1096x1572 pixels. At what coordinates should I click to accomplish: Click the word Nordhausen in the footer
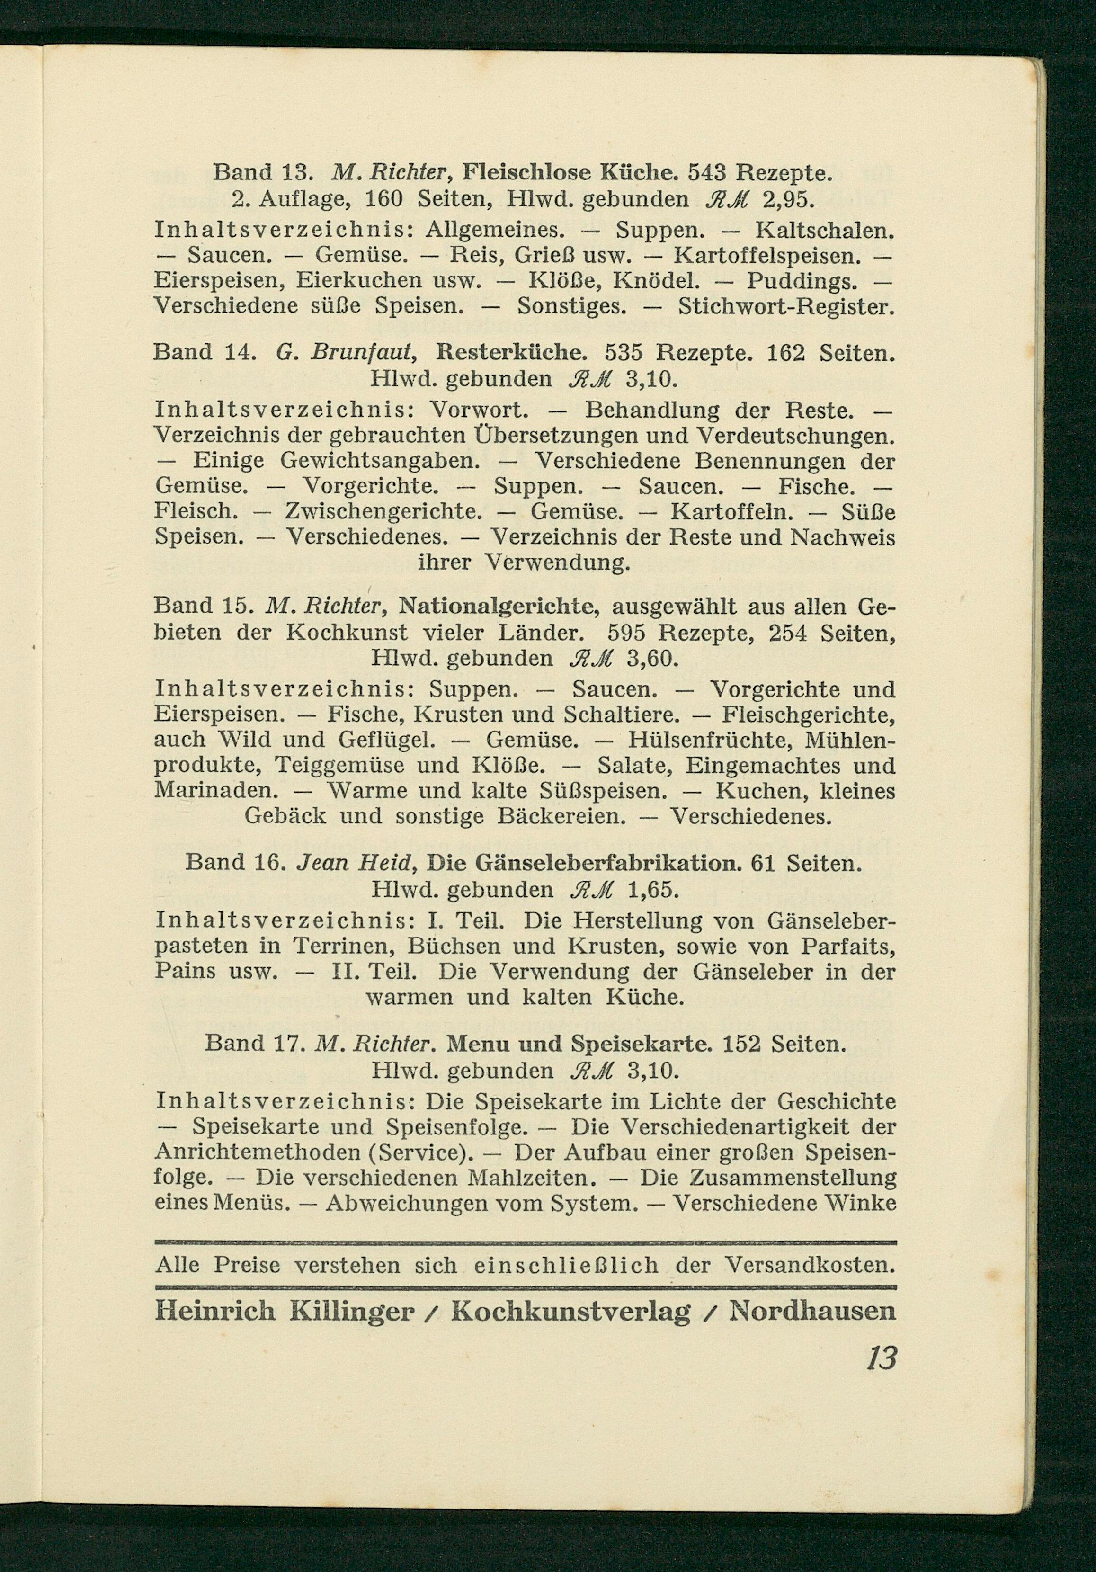[812, 1311]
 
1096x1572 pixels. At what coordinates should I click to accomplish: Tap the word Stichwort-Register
[786, 305]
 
